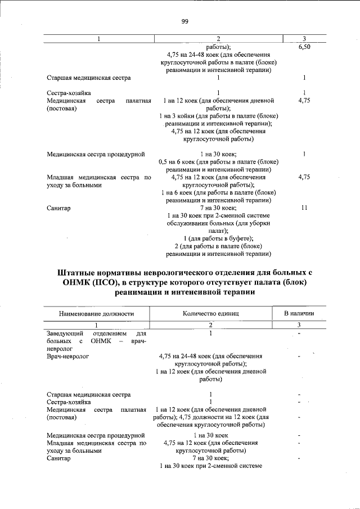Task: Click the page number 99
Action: pos(184,22)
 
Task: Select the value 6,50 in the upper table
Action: pos(304,47)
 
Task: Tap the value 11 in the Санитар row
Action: pos(304,208)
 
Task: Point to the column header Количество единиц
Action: pos(211,314)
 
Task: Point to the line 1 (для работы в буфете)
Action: pos(210,238)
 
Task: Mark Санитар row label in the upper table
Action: pos(58,208)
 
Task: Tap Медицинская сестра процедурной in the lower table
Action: pos(96,435)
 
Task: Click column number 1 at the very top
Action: pos(98,39)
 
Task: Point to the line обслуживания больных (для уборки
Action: pos(210,223)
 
